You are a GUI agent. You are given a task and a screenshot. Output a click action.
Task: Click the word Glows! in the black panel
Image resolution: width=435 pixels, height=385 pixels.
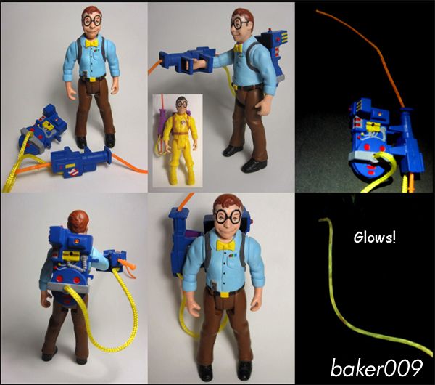pyautogui.click(x=375, y=238)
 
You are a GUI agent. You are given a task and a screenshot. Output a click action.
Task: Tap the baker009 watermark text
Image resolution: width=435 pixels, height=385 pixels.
pyautogui.click(x=376, y=368)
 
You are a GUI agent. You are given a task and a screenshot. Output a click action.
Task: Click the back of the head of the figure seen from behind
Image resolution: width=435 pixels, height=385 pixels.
pyautogui.click(x=78, y=221)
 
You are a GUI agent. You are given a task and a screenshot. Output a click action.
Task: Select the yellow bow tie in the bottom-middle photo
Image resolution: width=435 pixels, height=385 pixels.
pyautogui.click(x=225, y=246)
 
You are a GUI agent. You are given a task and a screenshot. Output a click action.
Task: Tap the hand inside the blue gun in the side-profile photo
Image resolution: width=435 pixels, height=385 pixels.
pyautogui.click(x=194, y=65)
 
